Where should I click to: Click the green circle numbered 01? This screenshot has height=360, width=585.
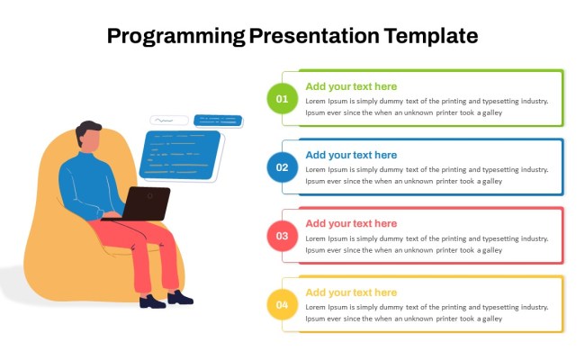282,98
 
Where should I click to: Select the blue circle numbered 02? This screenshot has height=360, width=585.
282,167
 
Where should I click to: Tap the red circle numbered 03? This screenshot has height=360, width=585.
282,236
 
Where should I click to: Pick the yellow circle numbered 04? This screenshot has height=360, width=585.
282,305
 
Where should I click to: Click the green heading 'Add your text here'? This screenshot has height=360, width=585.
351,86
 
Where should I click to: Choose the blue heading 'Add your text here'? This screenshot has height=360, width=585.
351,155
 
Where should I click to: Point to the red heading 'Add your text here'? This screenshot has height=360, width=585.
351,223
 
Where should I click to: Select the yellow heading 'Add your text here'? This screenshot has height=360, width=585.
351,292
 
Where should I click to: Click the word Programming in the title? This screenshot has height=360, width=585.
175,37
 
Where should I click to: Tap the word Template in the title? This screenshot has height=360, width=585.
430,37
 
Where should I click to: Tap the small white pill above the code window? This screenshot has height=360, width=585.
168,120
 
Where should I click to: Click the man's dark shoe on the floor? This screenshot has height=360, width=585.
180,297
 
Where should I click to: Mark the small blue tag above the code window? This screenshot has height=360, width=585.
219,120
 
